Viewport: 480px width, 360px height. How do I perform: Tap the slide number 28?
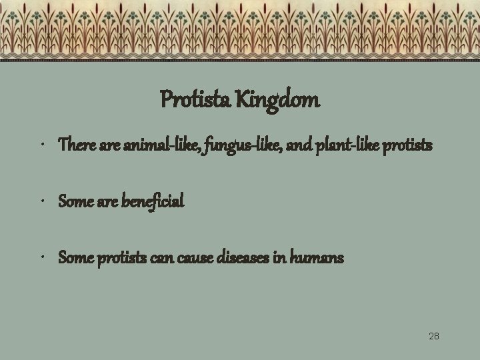pos(433,336)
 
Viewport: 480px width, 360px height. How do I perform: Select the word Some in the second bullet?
pos(74,201)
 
